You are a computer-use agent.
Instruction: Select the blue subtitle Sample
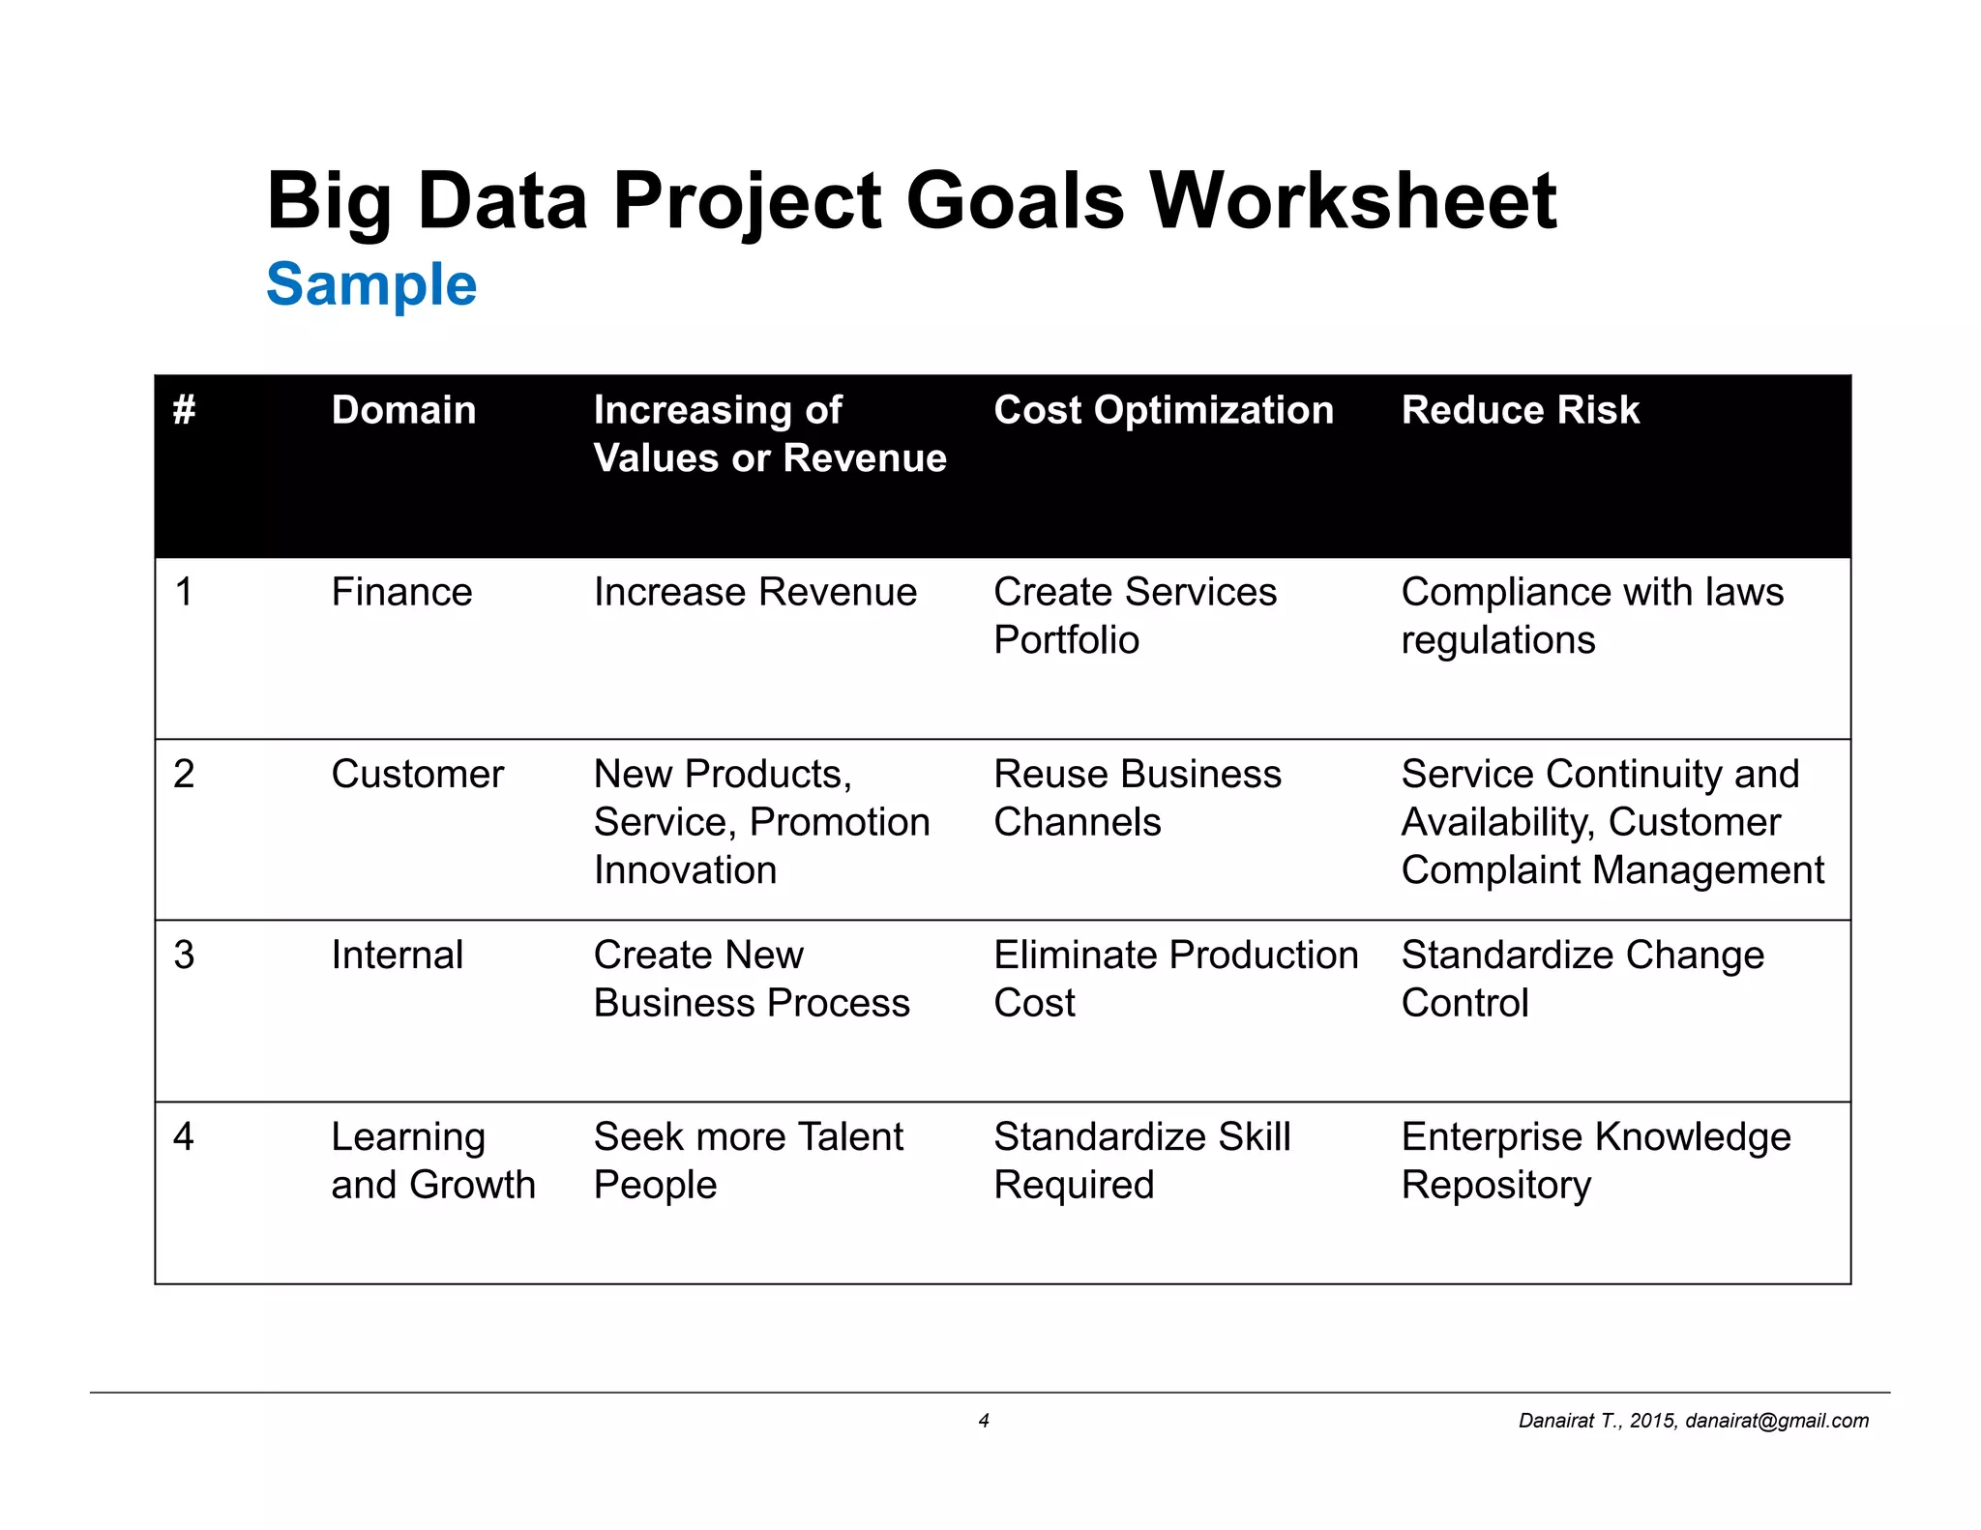pyautogui.click(x=371, y=284)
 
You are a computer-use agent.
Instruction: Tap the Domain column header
pyautogui.click(x=403, y=410)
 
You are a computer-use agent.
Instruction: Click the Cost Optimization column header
pyautogui.click(x=1163, y=410)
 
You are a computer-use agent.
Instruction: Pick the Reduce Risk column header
pyautogui.click(x=1520, y=410)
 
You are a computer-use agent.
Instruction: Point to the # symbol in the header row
pyautogui.click(x=185, y=410)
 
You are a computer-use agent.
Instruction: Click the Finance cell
pyautogui.click(x=401, y=592)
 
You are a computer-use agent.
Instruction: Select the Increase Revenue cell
pyautogui.click(x=754, y=592)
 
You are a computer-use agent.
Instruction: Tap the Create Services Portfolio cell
pyautogui.click(x=1134, y=616)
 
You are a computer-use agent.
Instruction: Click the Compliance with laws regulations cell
pyautogui.click(x=1591, y=616)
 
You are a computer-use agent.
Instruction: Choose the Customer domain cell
pyautogui.click(x=417, y=774)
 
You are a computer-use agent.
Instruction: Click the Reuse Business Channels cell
pyautogui.click(x=1137, y=798)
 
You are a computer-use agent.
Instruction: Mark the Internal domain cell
pyautogui.click(x=397, y=956)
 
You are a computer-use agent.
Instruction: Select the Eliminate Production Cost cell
pyautogui.click(x=1175, y=979)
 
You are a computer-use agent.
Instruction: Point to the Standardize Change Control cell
pyautogui.click(x=1582, y=979)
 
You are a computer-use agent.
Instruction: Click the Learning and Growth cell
pyautogui.click(x=432, y=1161)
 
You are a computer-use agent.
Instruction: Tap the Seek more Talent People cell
pyautogui.click(x=748, y=1161)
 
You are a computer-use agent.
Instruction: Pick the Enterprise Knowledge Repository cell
pyautogui.click(x=1595, y=1161)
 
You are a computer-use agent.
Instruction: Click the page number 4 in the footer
pyautogui.click(x=984, y=1421)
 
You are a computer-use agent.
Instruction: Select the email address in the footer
pyautogui.click(x=1776, y=1421)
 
